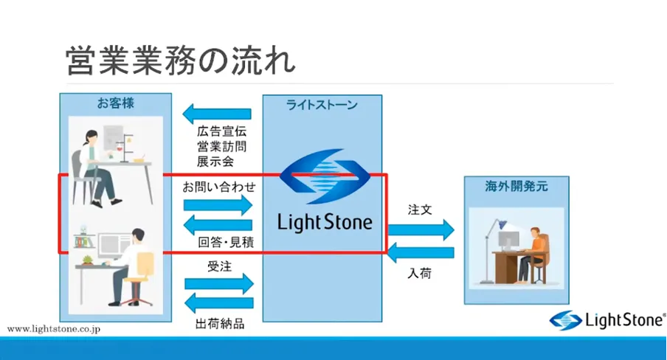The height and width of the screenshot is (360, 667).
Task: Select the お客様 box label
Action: (115, 104)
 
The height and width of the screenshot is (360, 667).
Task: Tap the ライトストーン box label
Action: (322, 105)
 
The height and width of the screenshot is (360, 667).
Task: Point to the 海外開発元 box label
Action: (516, 187)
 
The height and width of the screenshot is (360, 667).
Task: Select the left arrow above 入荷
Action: (421, 252)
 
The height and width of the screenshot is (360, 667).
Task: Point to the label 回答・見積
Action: (227, 242)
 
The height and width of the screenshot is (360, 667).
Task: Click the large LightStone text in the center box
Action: (325, 221)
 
